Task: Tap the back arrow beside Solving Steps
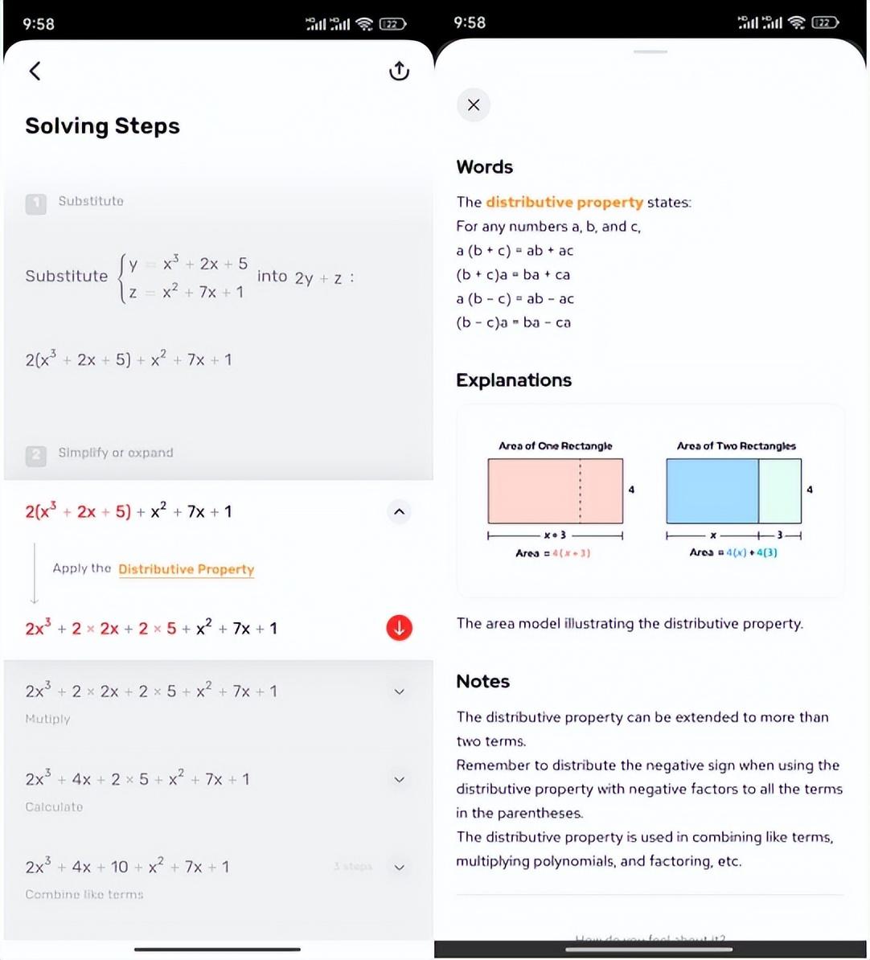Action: coord(35,71)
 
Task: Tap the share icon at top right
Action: coord(399,71)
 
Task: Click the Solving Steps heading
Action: coord(102,126)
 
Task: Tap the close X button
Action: coord(474,105)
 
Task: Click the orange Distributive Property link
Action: coord(186,569)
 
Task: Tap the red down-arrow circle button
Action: coord(399,628)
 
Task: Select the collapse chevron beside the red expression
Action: coord(399,511)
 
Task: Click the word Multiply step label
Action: coord(47,719)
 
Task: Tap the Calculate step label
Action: coord(54,806)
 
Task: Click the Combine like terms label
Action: coord(84,894)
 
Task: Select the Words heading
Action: coord(484,167)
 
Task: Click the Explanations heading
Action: coord(514,380)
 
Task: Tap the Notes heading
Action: coord(482,682)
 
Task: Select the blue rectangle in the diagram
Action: coord(712,490)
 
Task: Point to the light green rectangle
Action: coord(780,490)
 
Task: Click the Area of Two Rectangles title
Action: coord(736,445)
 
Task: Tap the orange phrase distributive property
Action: coord(564,202)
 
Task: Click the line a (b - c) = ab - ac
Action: coord(515,298)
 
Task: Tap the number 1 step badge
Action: coord(35,203)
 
